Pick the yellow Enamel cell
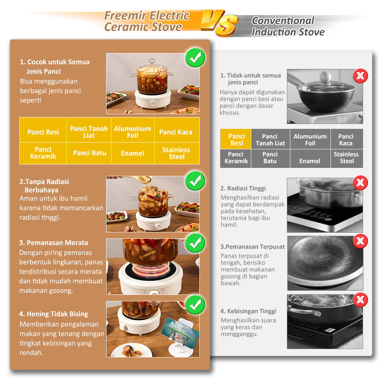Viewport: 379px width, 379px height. tap(133, 153)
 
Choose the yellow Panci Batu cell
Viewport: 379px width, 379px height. tap(89, 153)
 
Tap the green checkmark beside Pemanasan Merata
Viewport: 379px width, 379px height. tap(195, 243)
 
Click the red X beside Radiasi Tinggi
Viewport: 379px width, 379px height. tap(360, 183)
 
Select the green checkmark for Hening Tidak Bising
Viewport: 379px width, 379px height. tap(195, 305)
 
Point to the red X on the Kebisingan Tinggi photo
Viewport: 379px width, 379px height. tap(360, 300)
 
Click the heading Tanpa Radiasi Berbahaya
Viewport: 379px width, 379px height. tap(44, 186)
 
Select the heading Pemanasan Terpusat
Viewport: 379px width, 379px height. tap(252, 247)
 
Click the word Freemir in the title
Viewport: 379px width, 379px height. tap(122, 16)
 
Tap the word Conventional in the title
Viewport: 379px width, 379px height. tap(283, 21)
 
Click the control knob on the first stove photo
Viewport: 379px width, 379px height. tap(153, 103)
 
